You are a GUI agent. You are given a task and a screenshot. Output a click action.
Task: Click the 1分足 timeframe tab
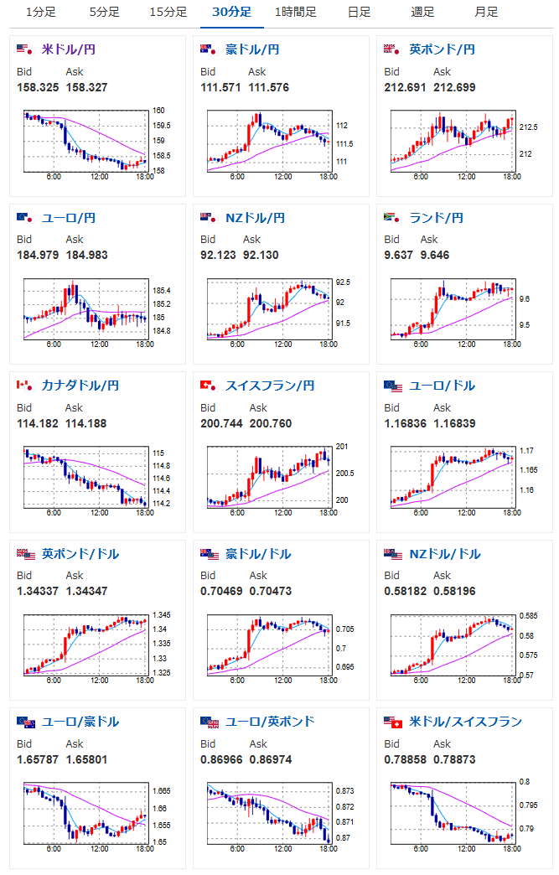click(x=40, y=12)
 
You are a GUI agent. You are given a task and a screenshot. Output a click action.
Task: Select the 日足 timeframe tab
click(x=359, y=12)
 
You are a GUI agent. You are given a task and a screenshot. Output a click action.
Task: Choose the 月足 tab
click(x=486, y=12)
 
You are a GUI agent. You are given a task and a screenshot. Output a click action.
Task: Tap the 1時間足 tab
click(x=295, y=12)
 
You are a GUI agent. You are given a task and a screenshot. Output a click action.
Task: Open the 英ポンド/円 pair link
click(x=442, y=50)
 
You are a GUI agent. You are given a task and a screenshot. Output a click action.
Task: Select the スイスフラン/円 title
click(x=269, y=386)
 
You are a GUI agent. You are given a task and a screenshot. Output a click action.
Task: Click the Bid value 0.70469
click(x=220, y=591)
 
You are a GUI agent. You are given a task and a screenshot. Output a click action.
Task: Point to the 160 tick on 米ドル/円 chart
click(x=158, y=111)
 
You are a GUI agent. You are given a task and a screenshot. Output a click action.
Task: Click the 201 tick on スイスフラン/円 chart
click(x=341, y=446)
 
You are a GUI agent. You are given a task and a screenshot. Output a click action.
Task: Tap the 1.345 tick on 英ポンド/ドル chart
click(x=160, y=615)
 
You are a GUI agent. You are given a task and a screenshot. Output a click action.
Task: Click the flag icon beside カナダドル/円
click(x=23, y=386)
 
